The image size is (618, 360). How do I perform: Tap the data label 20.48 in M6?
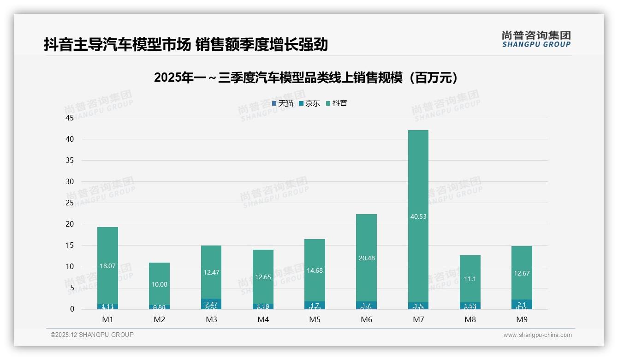click(366, 258)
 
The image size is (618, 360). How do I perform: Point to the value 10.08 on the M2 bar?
click(159, 284)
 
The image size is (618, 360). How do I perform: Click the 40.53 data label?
click(418, 216)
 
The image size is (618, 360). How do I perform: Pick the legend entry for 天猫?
click(283, 103)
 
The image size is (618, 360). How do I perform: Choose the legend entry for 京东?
click(309, 103)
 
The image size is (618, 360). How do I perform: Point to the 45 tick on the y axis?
click(70, 118)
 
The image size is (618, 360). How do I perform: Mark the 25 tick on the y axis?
click(70, 203)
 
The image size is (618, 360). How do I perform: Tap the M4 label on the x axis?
click(263, 319)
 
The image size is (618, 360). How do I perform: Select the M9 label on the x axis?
click(522, 319)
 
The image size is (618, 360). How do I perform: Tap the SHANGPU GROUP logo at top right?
click(536, 39)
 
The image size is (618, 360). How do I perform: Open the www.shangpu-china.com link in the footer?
click(537, 335)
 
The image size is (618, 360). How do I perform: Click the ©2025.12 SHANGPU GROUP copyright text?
click(92, 335)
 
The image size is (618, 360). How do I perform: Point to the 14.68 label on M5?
click(315, 270)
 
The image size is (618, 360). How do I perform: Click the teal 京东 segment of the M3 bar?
click(211, 303)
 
